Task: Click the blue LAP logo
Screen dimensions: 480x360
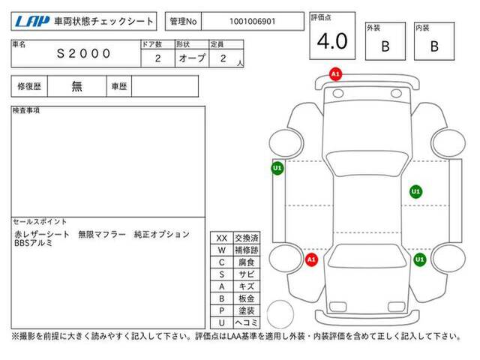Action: pos(32,22)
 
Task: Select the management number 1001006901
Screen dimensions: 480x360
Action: pos(253,22)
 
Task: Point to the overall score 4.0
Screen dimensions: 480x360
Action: pos(332,41)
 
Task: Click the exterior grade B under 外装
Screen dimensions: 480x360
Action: pos(385,46)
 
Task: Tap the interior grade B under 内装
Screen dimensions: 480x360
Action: pos(434,46)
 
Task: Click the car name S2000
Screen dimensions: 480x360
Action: pos(83,53)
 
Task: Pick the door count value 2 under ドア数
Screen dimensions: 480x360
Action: pos(158,58)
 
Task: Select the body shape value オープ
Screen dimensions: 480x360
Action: pos(192,58)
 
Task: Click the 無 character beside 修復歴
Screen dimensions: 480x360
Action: pos(76,86)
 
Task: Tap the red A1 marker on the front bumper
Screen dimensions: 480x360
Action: pos(335,74)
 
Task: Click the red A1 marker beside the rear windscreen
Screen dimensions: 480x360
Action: pos(311,260)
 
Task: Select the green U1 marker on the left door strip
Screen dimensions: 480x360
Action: pos(277,168)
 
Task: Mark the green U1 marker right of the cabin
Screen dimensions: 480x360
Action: pos(415,192)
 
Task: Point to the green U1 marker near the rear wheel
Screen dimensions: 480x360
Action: pos(419,259)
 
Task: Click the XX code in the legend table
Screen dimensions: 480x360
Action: pos(222,238)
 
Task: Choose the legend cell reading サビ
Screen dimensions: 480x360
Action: pos(247,274)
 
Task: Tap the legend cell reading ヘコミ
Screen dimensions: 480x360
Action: pos(247,322)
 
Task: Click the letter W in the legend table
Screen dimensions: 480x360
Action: pos(222,250)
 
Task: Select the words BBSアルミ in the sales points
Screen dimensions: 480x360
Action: pos(33,243)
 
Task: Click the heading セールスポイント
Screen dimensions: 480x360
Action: pos(40,222)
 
